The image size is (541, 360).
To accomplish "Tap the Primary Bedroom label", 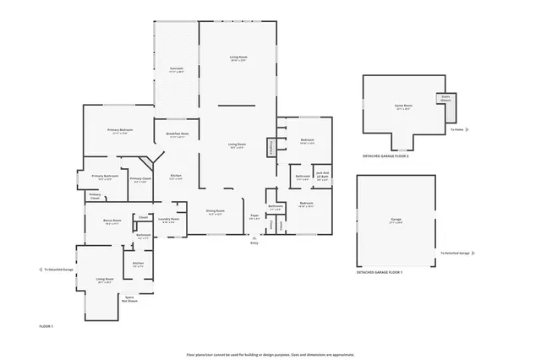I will pyautogui.click(x=118, y=131).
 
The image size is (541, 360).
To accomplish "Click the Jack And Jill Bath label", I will pyautogui.click(x=321, y=177).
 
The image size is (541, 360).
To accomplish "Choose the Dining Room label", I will pyautogui.click(x=215, y=212).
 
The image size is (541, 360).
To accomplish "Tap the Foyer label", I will pyautogui.click(x=254, y=217).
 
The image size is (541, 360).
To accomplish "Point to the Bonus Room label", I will pyautogui.click(x=112, y=222).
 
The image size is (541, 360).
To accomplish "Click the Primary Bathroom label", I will pyautogui.click(x=105, y=177).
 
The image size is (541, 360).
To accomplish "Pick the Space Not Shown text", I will pyautogui.click(x=130, y=299).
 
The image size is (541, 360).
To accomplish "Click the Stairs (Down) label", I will pyautogui.click(x=445, y=98).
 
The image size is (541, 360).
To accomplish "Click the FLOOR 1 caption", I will pyautogui.click(x=46, y=326).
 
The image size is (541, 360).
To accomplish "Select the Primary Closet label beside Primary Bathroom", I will pyautogui.click(x=140, y=180).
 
